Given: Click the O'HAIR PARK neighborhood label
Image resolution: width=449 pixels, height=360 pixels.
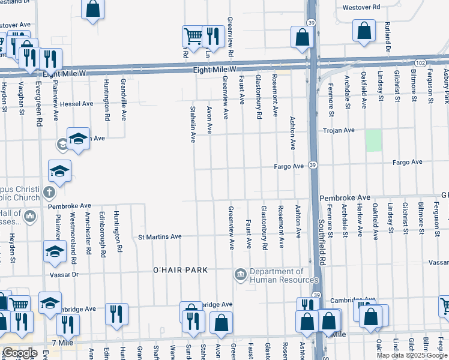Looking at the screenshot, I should coord(180,271).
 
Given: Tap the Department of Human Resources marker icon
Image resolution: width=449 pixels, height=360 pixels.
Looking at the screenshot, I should coord(240,275).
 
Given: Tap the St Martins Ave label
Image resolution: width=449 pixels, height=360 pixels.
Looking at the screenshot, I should coord(159,237).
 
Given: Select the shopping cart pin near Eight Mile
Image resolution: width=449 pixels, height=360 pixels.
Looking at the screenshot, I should coord(193,36).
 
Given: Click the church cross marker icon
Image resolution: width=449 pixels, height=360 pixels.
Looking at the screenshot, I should coord(49,193).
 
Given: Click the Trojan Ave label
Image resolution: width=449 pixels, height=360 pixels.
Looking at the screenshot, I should coord(339,130).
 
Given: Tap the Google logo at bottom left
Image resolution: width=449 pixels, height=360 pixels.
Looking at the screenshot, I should coord(19,353).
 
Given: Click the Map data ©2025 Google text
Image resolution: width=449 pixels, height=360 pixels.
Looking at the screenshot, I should coord(411,355).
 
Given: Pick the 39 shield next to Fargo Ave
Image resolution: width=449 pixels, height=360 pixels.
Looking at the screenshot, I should coord(313,164).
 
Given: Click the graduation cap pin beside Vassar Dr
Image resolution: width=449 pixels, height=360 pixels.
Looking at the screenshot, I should coord(55,251).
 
